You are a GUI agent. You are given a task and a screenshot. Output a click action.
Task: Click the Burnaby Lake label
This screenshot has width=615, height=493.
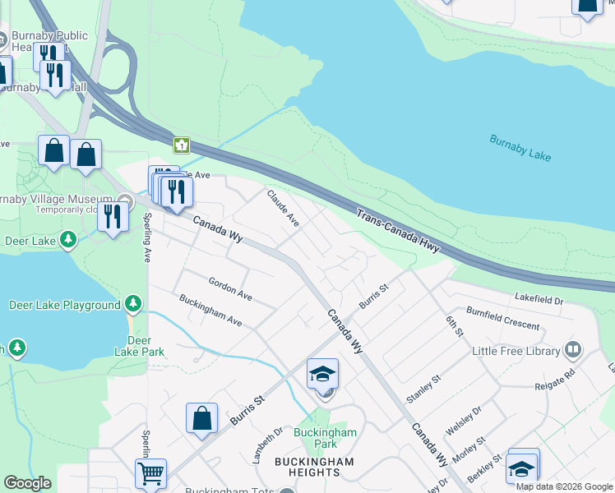pyautogui.click(x=520, y=149)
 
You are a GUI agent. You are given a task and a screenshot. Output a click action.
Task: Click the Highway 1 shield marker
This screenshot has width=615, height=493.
pyautogui.click(x=181, y=145)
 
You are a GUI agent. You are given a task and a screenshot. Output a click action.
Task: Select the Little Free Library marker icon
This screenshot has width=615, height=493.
pyautogui.click(x=573, y=351)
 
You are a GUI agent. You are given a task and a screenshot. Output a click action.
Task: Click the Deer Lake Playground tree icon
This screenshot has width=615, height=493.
pyautogui.click(x=133, y=305)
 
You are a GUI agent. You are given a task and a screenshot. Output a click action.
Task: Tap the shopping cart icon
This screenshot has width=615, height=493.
pyautogui.click(x=150, y=472)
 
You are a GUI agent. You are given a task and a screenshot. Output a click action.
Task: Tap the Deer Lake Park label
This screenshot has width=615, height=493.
pyautogui.click(x=140, y=346)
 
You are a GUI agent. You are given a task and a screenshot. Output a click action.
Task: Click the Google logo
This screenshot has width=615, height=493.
pyautogui.click(x=27, y=483)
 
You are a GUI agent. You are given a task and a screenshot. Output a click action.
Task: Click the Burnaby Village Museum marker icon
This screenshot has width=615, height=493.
pyautogui.click(x=125, y=200)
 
